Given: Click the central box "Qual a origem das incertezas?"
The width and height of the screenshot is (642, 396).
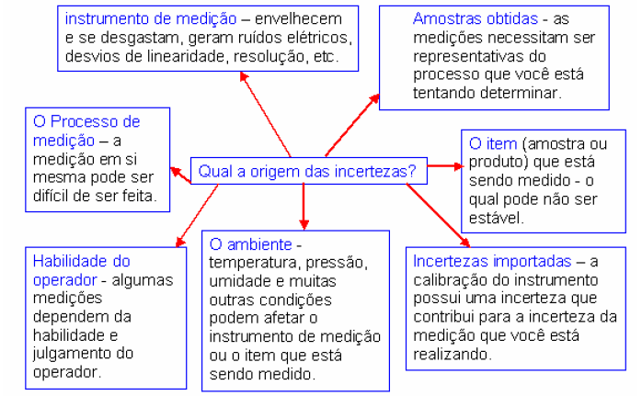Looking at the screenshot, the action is point(309,171).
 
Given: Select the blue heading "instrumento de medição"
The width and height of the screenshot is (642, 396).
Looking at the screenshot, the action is point(151,18).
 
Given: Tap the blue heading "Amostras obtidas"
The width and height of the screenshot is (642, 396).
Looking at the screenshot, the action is point(475,18).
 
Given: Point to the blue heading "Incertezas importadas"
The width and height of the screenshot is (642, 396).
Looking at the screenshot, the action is point(492,261).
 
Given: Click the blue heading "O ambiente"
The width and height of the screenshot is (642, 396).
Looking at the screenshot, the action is point(250,244).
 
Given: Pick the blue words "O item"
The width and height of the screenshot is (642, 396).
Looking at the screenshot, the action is point(493,143).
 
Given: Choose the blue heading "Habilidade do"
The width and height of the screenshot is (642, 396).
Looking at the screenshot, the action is point(82,261).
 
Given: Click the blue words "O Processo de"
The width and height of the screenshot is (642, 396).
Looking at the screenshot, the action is point(86,121).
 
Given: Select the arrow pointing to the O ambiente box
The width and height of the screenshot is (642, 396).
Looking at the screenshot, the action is point(304,207).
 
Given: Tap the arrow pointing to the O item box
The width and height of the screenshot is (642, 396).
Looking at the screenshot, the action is point(445,166).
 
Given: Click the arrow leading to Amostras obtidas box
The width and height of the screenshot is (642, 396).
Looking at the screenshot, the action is point(352,125).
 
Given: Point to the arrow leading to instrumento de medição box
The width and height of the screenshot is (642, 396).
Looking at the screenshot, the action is point(265,114).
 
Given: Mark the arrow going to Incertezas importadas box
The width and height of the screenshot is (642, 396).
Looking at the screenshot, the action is point(438,216).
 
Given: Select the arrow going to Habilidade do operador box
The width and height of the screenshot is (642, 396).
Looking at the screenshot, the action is point(197,216).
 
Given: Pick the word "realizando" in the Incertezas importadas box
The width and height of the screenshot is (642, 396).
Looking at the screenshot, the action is point(451,355).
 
